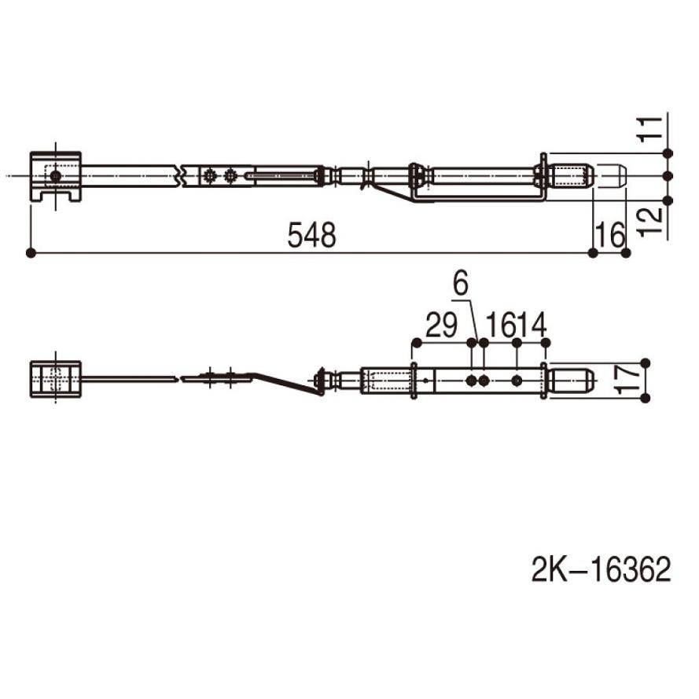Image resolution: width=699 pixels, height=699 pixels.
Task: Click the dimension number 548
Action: point(311,235)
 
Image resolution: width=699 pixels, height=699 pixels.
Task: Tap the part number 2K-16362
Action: point(602,570)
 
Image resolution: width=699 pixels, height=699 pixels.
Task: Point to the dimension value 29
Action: point(441,325)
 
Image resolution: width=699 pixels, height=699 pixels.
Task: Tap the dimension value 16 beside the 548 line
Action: point(610,235)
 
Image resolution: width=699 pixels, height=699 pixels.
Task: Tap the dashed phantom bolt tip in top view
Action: point(610,175)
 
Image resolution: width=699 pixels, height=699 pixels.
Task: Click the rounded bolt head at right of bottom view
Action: point(570,381)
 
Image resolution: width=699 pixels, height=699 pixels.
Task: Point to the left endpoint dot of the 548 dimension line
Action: point(31,252)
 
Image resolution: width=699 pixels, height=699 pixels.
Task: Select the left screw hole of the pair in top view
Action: point(210,175)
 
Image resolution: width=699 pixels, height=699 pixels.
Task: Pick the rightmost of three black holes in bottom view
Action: point(517,381)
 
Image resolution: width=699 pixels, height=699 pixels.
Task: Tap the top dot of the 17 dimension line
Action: point(646,362)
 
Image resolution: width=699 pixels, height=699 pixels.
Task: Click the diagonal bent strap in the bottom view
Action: point(287,384)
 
